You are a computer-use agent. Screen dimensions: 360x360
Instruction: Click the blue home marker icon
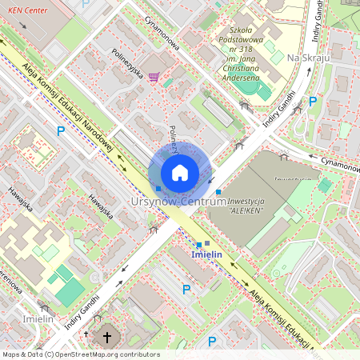click(180, 173)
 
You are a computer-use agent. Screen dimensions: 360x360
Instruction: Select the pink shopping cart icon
click(154, 78)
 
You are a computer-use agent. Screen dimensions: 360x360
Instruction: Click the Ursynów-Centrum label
click(178, 202)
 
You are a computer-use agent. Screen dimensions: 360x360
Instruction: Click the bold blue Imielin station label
click(206, 254)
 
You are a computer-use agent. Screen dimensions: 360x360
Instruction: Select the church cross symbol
click(107, 338)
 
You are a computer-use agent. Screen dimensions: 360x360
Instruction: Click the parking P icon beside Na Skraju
click(313, 102)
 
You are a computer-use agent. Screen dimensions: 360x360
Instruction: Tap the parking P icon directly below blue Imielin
click(186, 290)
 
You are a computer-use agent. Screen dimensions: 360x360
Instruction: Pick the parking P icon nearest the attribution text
click(212, 342)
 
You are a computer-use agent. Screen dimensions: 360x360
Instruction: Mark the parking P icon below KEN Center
click(59, 130)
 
